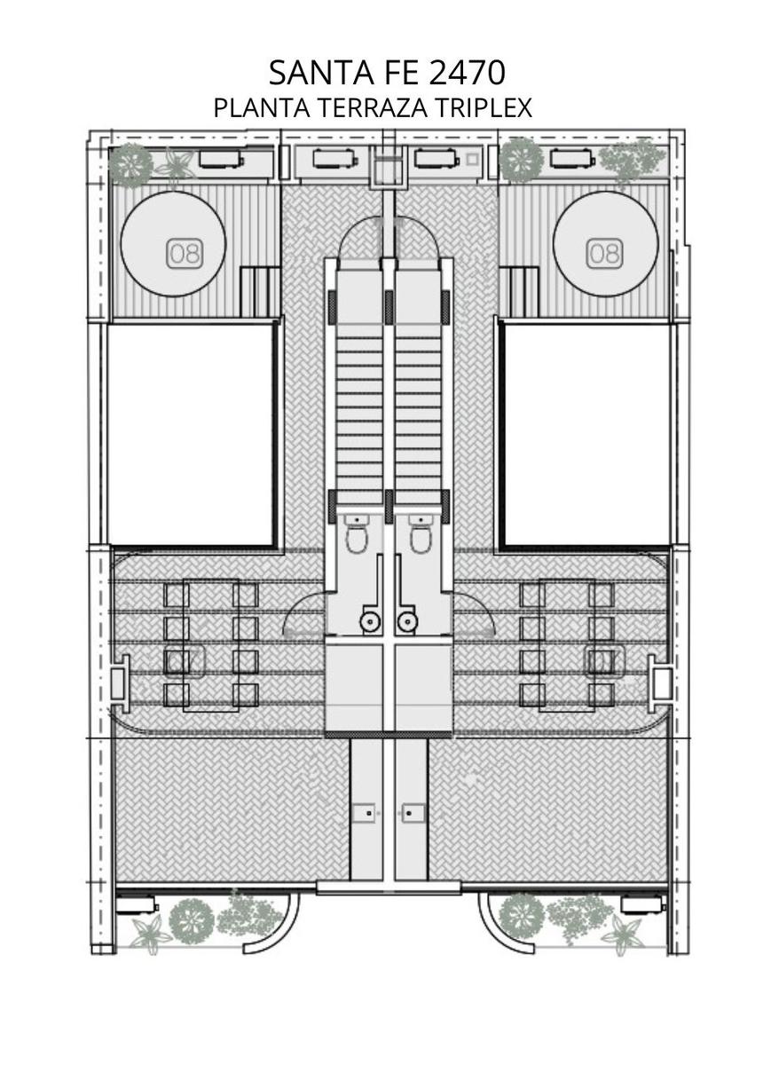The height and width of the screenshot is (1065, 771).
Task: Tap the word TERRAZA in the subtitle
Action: pyautogui.click(x=372, y=108)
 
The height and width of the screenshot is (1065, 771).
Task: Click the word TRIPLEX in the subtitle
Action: pyautogui.click(x=483, y=108)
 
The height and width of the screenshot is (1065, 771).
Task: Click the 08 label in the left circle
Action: pyautogui.click(x=185, y=253)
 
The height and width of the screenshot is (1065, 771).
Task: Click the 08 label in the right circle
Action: pyautogui.click(x=604, y=253)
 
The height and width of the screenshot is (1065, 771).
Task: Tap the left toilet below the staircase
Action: pyautogui.click(x=356, y=534)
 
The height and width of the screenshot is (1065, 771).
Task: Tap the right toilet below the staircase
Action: pyautogui.click(x=421, y=534)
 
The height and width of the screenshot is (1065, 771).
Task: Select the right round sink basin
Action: pyautogui.click(x=405, y=620)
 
